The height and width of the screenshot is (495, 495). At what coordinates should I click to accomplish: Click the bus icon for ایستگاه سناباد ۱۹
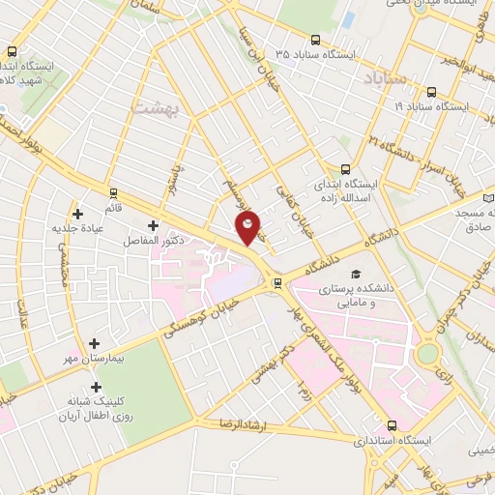tap(430, 92)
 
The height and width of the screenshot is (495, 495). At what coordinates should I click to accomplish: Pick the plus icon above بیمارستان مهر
tap(95, 343)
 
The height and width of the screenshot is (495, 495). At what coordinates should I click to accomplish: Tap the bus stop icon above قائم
tap(115, 193)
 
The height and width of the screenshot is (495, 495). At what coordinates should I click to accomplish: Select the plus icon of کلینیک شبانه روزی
tap(95, 387)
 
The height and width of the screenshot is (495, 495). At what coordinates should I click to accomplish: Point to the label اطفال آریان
tap(94, 418)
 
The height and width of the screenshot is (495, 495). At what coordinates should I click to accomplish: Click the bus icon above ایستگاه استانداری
tap(392, 425)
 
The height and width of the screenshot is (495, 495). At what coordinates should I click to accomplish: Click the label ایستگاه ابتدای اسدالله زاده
tap(348, 189)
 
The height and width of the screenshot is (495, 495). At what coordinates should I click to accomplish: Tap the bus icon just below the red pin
tap(278, 282)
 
